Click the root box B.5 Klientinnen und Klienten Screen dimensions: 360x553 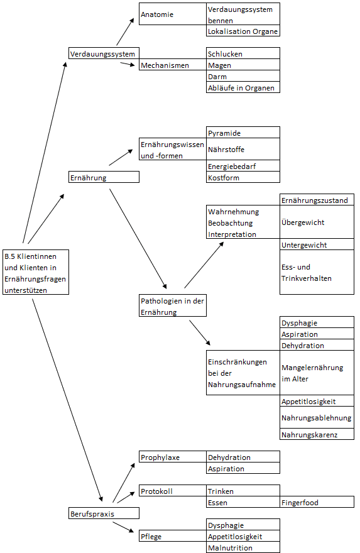pyautogui.click(x=36, y=272)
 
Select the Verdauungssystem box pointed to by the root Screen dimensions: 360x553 pyautogui.click(x=104, y=53)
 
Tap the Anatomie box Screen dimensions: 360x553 pyautogui.click(x=172, y=14)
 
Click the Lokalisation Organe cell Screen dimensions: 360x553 pyautogui.click(x=243, y=31)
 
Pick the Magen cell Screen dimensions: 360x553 pyautogui.click(x=243, y=65)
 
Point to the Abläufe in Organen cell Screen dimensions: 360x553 pyautogui.click(x=243, y=87)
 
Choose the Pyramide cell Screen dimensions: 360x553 pyautogui.click(x=243, y=132)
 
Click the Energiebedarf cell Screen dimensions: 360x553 pyautogui.click(x=243, y=166)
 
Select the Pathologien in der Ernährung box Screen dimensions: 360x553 pyautogui.click(x=173, y=306)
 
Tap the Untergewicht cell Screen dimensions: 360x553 pyautogui.click(x=317, y=244)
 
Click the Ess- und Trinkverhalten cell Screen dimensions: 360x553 pyautogui.click(x=317, y=272)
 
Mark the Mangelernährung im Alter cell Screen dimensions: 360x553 pyautogui.click(x=317, y=373)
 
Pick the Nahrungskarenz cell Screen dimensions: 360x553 pyautogui.click(x=317, y=434)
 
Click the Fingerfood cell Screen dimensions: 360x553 pyautogui.click(x=317, y=502)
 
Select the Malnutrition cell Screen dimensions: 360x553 pyautogui.click(x=243, y=547)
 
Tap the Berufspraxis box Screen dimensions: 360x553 pyautogui.click(x=104, y=513)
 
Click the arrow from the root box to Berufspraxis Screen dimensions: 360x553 pyautogui.click(x=67, y=400)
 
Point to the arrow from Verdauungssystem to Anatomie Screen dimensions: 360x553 pyautogui.click(x=125, y=32)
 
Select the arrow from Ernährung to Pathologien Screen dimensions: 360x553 pyautogui.click(x=138, y=239)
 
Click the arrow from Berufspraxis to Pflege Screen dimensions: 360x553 pyautogui.click(x=123, y=527)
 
